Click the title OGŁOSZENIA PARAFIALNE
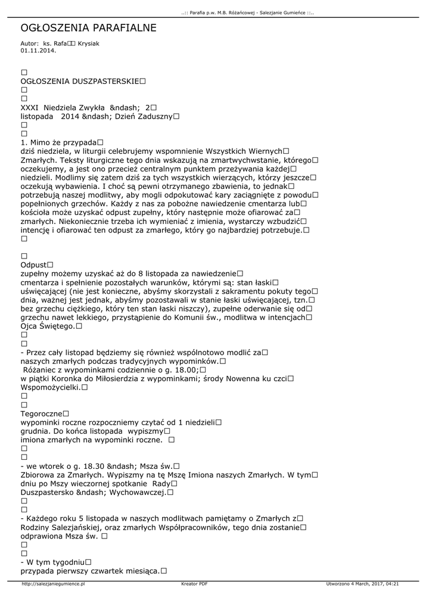click(88, 28)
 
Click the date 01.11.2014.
click(38, 51)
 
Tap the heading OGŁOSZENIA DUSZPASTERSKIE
click(80, 80)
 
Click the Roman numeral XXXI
click(30, 107)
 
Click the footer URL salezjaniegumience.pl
click(53, 584)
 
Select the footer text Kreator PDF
click(194, 584)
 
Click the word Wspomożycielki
click(50, 387)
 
